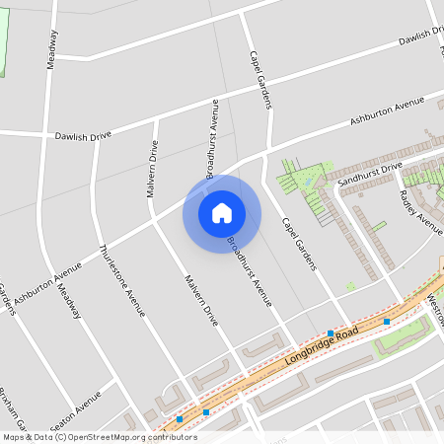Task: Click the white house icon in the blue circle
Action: [222, 212]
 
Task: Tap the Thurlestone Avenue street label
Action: [122, 280]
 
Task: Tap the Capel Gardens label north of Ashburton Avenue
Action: [260, 78]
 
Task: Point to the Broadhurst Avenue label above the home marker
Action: [212, 138]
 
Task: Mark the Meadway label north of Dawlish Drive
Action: [51, 47]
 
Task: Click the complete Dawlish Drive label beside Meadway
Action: [84, 135]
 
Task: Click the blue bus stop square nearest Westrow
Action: [387, 322]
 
